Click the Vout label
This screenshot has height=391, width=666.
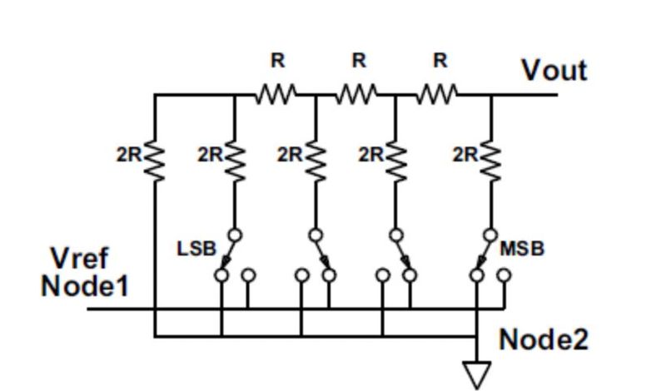(554, 71)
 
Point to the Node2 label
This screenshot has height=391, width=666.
(543, 339)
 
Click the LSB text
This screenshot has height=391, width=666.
(196, 249)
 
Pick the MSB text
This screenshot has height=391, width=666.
(522, 249)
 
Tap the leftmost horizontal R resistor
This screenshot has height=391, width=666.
(276, 95)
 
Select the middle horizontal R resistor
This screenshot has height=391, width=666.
(357, 95)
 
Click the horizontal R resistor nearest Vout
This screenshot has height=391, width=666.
(438, 95)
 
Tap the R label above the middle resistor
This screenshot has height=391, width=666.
(359, 61)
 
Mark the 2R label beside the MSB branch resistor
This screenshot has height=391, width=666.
(465, 155)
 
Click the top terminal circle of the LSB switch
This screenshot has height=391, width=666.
(236, 235)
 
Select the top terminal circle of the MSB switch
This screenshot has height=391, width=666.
(491, 235)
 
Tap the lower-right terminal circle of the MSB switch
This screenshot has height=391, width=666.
(504, 275)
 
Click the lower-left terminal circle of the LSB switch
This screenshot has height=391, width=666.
(221, 275)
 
